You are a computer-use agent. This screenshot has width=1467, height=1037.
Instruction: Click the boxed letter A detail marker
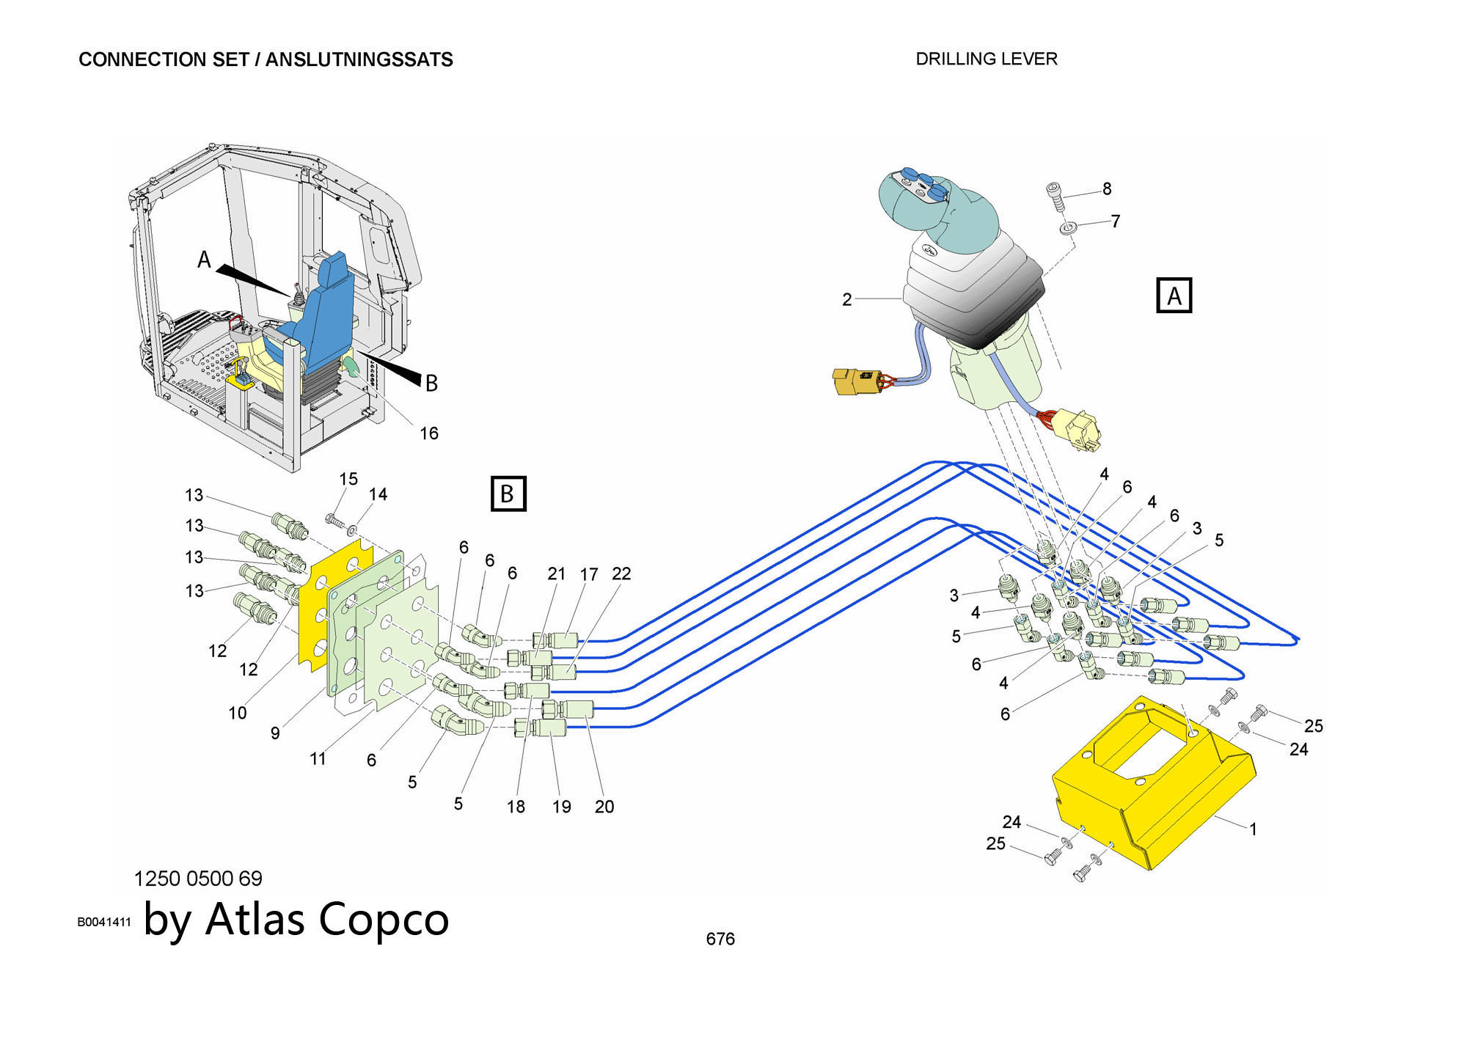pyautogui.click(x=1174, y=296)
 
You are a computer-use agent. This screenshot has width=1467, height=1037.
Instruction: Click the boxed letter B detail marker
pyautogui.click(x=508, y=494)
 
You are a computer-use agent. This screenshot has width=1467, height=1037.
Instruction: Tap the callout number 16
pyautogui.click(x=428, y=433)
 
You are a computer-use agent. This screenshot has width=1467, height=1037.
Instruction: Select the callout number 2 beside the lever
pyautogui.click(x=847, y=299)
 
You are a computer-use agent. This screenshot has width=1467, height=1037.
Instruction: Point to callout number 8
pyautogui.click(x=1107, y=189)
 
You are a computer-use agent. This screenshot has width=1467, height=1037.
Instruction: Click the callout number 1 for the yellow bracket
pyautogui.click(x=1253, y=829)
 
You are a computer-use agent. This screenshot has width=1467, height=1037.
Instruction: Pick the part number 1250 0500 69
pyautogui.click(x=198, y=878)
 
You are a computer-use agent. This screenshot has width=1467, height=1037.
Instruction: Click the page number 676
pyautogui.click(x=720, y=939)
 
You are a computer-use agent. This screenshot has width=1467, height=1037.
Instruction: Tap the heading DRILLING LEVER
pyautogui.click(x=987, y=59)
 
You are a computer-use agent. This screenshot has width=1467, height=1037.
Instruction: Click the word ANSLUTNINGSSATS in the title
pyautogui.click(x=359, y=59)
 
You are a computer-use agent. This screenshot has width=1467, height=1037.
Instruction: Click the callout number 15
pyautogui.click(x=348, y=479)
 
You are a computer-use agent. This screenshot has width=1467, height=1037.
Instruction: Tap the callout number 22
pyautogui.click(x=621, y=574)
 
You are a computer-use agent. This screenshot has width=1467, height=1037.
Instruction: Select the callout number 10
pyautogui.click(x=237, y=712)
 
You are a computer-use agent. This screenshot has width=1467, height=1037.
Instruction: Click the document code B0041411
pyautogui.click(x=104, y=922)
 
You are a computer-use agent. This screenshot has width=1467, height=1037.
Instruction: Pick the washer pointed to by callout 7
pyautogui.click(x=1067, y=230)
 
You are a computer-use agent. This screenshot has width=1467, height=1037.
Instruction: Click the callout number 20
pyautogui.click(x=604, y=807)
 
